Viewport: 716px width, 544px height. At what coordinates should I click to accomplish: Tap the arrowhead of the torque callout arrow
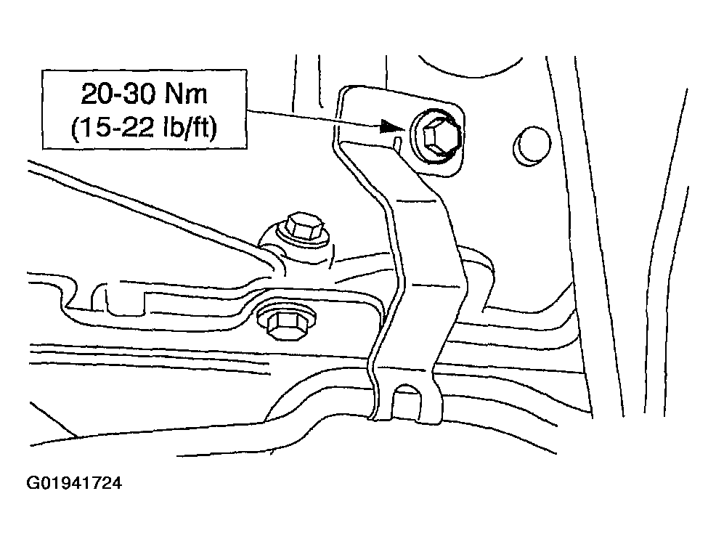click(x=392, y=127)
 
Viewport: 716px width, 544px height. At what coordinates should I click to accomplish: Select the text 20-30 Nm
click(x=145, y=94)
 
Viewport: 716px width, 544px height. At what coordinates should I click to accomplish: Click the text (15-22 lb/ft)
click(x=144, y=128)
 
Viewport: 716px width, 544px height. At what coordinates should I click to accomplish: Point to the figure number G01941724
click(x=74, y=483)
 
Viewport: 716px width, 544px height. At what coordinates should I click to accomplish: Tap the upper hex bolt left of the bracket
click(x=302, y=227)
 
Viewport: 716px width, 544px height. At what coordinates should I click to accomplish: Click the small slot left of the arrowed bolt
click(x=397, y=142)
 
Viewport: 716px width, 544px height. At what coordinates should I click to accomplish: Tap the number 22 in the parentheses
click(x=137, y=129)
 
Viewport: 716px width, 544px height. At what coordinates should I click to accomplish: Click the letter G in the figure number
click(x=33, y=483)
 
